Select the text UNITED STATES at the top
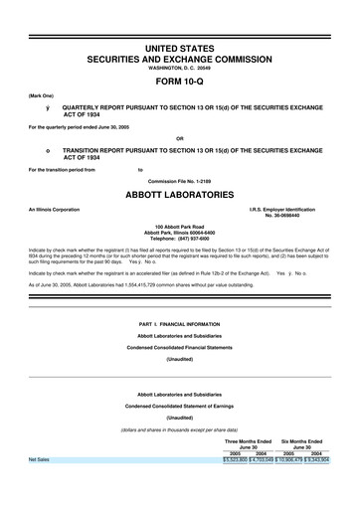[x=180, y=49]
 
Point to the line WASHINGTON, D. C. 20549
[x=180, y=68]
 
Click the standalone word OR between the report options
[x=180, y=137]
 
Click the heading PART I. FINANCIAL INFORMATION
[x=180, y=324]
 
